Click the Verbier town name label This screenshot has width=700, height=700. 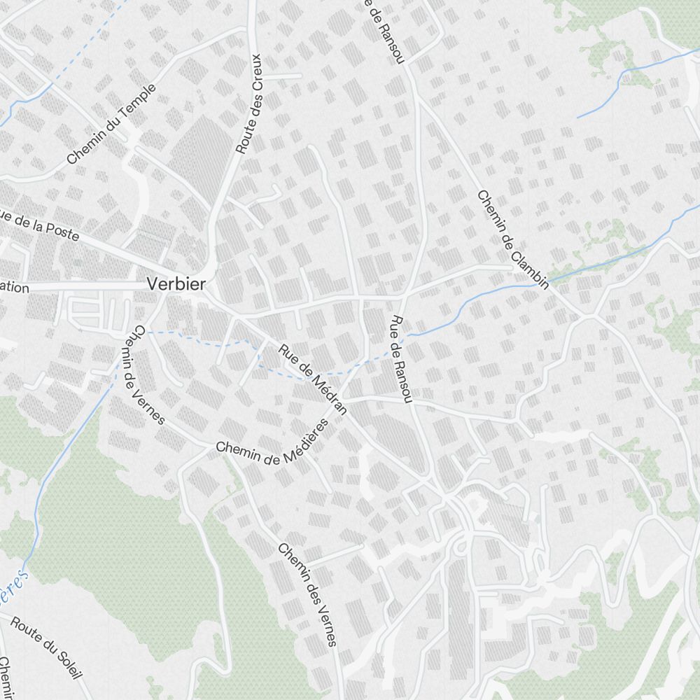click(x=176, y=283)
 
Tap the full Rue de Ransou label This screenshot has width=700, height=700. click(x=400, y=359)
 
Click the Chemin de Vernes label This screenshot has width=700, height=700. click(x=148, y=374)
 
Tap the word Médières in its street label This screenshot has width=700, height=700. click(x=303, y=441)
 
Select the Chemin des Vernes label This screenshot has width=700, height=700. click(x=307, y=594)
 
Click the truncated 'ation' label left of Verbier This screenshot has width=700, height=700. click(x=14, y=288)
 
